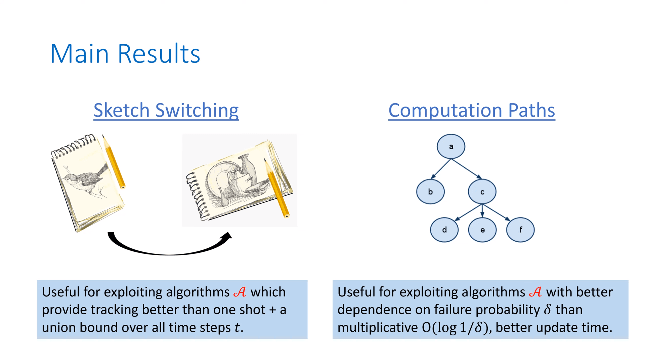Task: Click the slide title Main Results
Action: coord(125,54)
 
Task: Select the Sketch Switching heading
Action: coord(166,111)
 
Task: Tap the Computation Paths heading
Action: coord(472,111)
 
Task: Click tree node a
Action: coord(451,147)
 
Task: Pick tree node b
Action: coord(430,192)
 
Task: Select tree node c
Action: coord(482,192)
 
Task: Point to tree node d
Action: coord(444,230)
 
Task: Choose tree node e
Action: coord(482,230)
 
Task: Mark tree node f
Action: coord(520,230)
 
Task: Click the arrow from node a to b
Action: coord(441,169)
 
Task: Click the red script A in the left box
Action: coord(240,292)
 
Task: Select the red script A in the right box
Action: coord(535,292)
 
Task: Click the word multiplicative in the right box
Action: coord(378,327)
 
